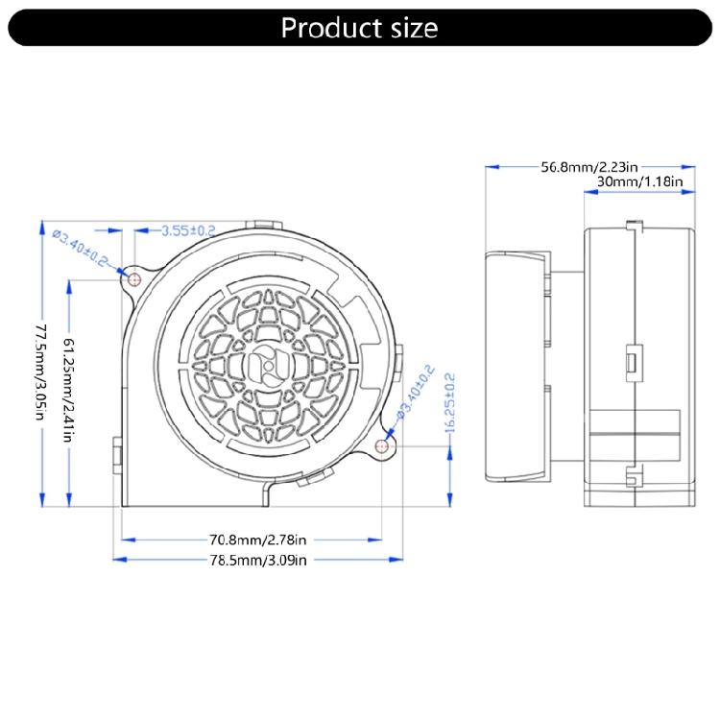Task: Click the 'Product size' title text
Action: point(359,27)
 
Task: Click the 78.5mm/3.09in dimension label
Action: point(257,559)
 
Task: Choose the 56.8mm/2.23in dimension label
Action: point(586,166)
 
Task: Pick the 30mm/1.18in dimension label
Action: point(639,180)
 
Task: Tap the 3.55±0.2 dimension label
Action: point(188,230)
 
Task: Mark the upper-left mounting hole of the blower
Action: point(134,279)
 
